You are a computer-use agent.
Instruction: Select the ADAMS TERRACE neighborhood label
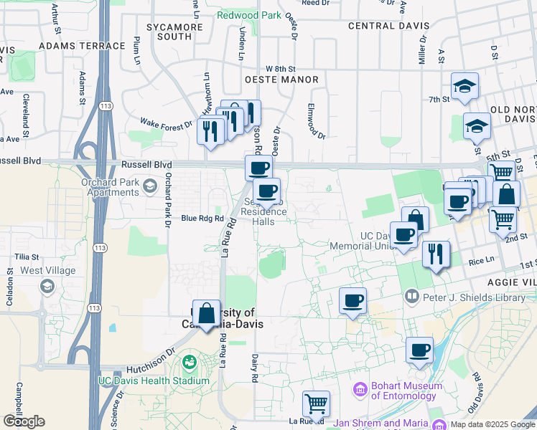(x=83, y=46)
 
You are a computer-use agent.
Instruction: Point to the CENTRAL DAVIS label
(x=388, y=26)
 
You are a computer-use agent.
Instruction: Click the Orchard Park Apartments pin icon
(x=149, y=187)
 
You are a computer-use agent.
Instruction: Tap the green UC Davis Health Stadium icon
(x=190, y=363)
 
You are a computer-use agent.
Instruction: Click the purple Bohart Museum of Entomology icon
(x=360, y=390)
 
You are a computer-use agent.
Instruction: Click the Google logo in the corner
(x=24, y=421)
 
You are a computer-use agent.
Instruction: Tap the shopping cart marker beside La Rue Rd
(x=316, y=404)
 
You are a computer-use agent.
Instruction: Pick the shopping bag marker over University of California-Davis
(x=207, y=314)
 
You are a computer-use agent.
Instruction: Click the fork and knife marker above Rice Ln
(x=436, y=254)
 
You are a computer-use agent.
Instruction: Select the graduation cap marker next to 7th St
(x=464, y=87)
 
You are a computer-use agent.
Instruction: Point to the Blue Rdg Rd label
(x=203, y=218)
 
